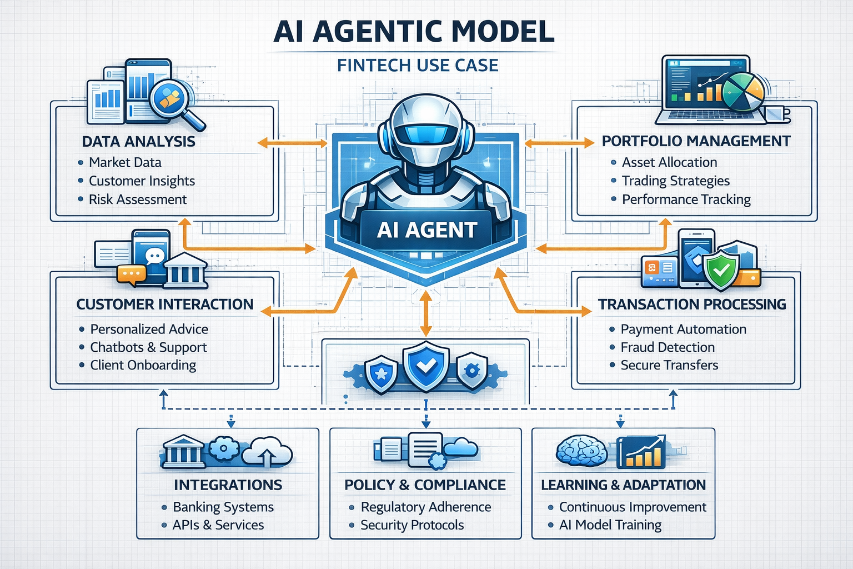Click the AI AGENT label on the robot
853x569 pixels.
tap(426, 229)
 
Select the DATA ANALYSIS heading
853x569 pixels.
tap(138, 142)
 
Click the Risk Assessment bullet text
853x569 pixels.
tap(138, 199)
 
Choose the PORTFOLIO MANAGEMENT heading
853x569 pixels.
tap(696, 141)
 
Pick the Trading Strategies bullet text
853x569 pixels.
tap(675, 181)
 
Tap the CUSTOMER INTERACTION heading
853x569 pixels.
tap(165, 305)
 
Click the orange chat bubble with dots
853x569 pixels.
tap(131, 274)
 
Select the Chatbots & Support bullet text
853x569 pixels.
tap(148, 347)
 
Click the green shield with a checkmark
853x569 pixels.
tap(721, 271)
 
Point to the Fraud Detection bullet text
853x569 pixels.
tap(668, 347)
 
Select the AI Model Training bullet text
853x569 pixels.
tap(610, 525)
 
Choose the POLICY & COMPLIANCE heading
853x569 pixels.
tap(425, 485)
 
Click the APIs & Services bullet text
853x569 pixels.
tap(218, 525)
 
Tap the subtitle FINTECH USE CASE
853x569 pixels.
tap(418, 66)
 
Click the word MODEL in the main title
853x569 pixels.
tap(503, 32)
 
